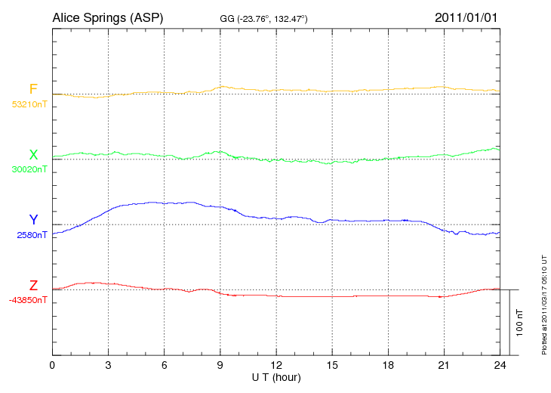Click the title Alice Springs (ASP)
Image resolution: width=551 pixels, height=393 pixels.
coord(107,17)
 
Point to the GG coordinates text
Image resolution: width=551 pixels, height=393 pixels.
coord(263,18)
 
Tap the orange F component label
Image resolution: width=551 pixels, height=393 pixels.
coord(33,89)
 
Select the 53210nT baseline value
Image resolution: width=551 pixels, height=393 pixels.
coord(29,104)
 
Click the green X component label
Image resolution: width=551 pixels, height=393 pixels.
coord(33,155)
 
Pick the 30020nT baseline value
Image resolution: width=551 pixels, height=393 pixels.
coord(29,169)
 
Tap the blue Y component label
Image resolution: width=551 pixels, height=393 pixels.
coord(33,220)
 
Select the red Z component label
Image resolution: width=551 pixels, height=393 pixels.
coord(33,286)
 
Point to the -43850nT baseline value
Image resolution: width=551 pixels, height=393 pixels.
coord(29,300)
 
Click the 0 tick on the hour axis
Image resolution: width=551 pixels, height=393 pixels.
coord(52,366)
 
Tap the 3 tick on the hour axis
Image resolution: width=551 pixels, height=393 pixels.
coord(108,366)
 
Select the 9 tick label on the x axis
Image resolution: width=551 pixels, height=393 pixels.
coord(220,366)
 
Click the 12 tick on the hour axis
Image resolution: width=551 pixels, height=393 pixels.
coord(275,366)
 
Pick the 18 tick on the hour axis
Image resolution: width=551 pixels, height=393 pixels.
coord(388,366)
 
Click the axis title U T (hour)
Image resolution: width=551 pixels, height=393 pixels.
coord(275,377)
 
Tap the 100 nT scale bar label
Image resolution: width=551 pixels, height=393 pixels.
coord(519,322)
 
